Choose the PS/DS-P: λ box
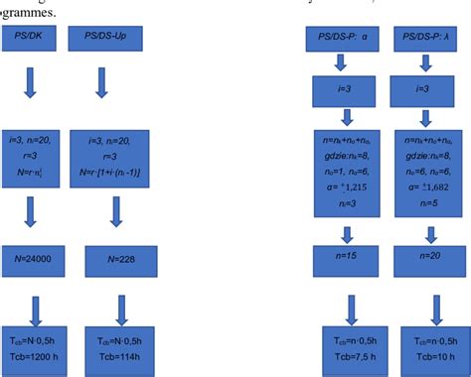coord(425,41)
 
